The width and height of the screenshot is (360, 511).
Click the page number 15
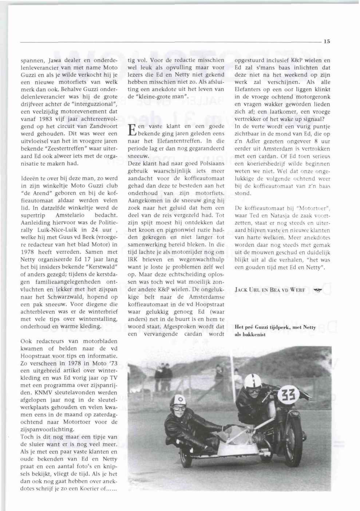point(327,41)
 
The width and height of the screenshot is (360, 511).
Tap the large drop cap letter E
point(132,130)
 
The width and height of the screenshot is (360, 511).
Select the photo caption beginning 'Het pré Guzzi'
point(275,330)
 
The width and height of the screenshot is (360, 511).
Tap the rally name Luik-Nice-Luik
point(59,230)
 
